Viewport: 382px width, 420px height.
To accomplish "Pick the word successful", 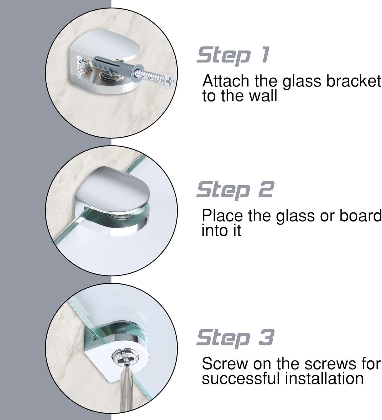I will pos(241,379).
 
